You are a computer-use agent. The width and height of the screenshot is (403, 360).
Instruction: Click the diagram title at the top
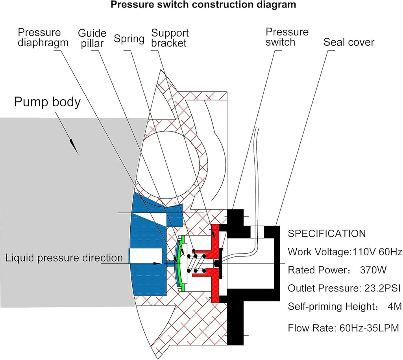pyautogui.click(x=203, y=5)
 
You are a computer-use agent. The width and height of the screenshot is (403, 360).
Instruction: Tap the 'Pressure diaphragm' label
pyautogui.click(x=43, y=37)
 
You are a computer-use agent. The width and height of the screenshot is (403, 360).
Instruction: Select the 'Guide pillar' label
pyautogui.click(x=92, y=38)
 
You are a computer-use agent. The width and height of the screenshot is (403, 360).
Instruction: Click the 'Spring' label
pyautogui.click(x=129, y=39)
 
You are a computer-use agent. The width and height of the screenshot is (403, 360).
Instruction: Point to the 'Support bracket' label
pyautogui.click(x=170, y=38)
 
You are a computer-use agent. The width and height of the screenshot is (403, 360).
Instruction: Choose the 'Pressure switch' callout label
pyautogui.click(x=287, y=37)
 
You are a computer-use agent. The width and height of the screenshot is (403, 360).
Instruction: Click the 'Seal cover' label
pyautogui.click(x=349, y=42)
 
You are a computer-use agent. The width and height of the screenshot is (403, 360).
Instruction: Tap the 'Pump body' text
pyautogui.click(x=47, y=102)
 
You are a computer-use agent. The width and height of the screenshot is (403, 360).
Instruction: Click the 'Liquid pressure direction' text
pyautogui.click(x=64, y=258)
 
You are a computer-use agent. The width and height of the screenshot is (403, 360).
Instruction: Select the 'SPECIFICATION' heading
pyautogui.click(x=327, y=234)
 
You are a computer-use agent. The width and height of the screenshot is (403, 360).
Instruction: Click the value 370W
pyautogui.click(x=373, y=270)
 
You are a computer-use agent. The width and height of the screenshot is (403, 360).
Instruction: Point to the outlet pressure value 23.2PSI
pyautogui.click(x=383, y=288)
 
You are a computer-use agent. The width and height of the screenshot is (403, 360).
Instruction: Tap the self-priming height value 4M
pyautogui.click(x=394, y=306)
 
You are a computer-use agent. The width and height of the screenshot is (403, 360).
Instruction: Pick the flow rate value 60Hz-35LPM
pyautogui.click(x=369, y=328)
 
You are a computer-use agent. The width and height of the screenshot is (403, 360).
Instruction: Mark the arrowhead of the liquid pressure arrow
pyautogui.click(x=157, y=264)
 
